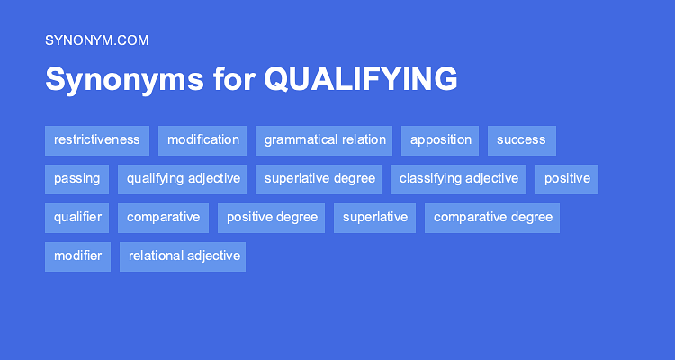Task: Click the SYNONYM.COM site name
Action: [96, 40]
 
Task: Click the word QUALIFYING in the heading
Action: [361, 79]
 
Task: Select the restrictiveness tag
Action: [97, 140]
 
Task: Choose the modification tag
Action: [203, 140]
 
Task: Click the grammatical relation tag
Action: [325, 140]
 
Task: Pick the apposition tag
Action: [441, 140]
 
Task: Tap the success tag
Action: [521, 140]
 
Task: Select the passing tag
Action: [76, 179]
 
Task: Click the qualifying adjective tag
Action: [184, 179]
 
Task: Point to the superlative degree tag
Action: [319, 179]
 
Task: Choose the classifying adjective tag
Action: [459, 179]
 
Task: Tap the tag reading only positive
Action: [567, 179]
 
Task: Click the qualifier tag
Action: [77, 218]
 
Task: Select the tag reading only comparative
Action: [163, 218]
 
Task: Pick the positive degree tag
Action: [271, 218]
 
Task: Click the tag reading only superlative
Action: [374, 218]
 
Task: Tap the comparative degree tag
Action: [493, 218]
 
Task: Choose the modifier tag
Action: [77, 256]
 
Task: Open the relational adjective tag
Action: [184, 256]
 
